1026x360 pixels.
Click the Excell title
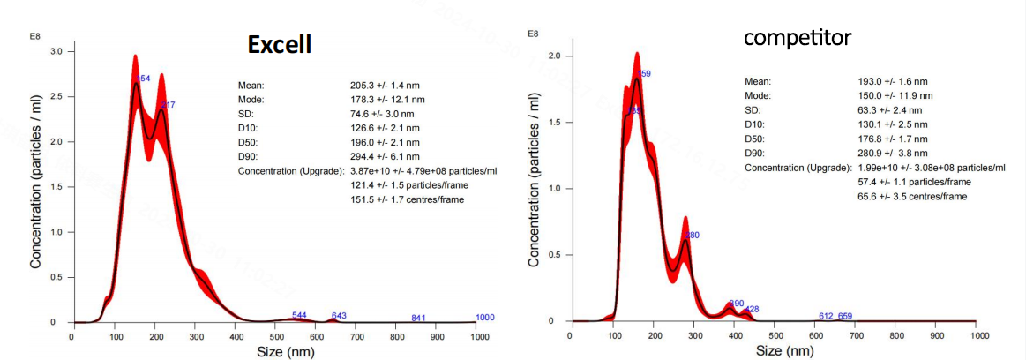(279, 44)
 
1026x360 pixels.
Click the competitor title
(796, 39)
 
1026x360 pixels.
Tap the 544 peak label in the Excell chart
(299, 315)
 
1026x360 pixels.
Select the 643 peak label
(339, 315)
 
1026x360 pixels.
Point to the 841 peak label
(419, 318)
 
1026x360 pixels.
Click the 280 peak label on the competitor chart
(692, 236)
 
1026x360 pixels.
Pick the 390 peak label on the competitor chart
(737, 304)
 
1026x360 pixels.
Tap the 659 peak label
(844, 316)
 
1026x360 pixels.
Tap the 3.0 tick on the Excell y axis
(57, 51)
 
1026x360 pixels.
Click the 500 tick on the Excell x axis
(276, 336)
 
